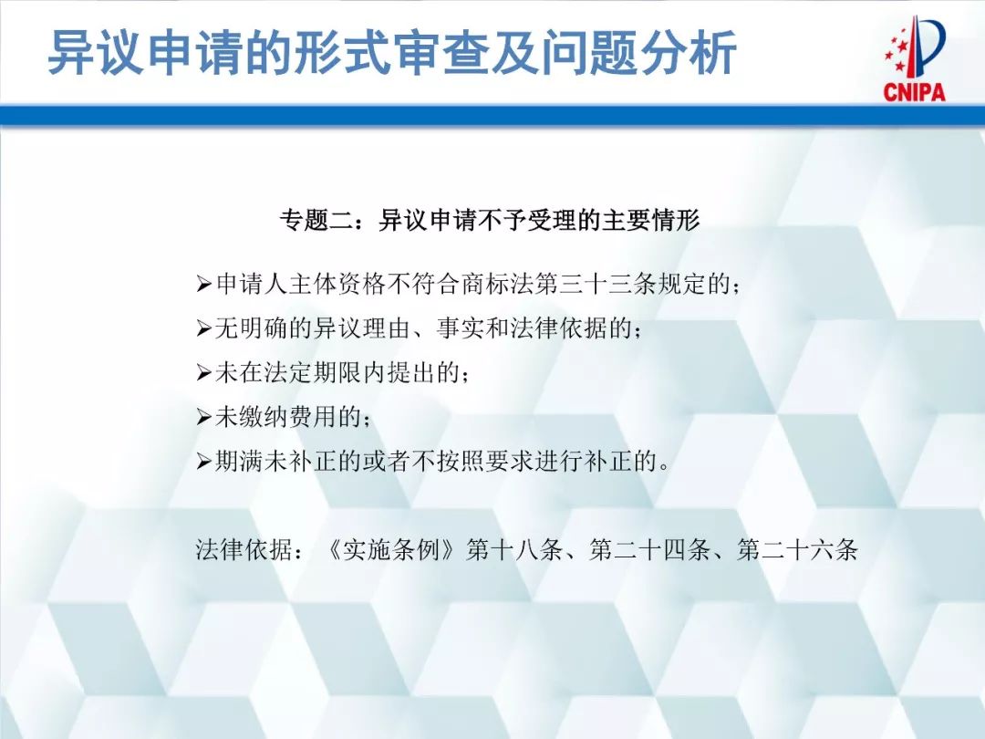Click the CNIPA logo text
(914, 91)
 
